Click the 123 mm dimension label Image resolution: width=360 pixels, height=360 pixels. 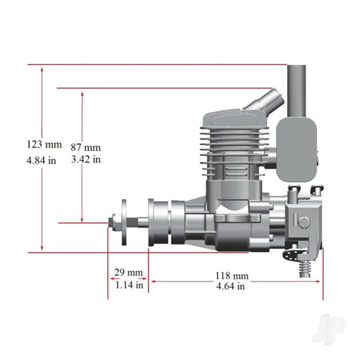44,145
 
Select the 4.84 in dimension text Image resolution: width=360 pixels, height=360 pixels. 41,160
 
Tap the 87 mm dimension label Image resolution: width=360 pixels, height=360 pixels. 85,147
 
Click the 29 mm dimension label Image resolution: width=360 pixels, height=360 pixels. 128,272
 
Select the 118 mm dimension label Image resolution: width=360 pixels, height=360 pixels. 232,275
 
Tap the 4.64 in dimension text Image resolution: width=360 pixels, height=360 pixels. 230,286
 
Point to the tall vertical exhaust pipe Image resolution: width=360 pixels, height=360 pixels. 297,90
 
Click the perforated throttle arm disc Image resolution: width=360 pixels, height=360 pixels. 288,255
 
